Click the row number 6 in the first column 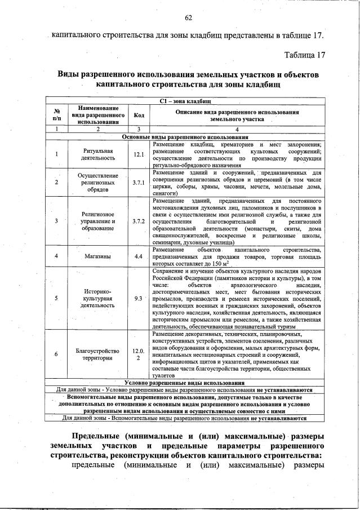tap(56, 354)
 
